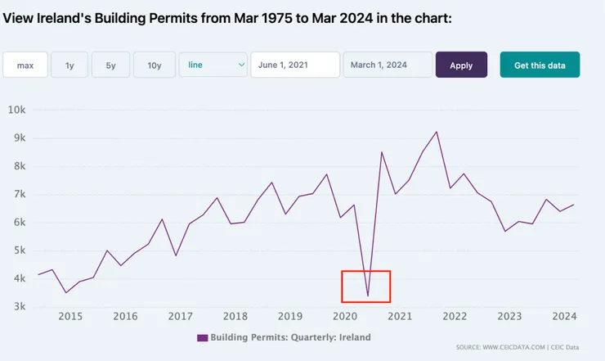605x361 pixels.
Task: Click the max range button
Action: pyautogui.click(x=25, y=65)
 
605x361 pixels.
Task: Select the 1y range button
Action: pyautogui.click(x=69, y=65)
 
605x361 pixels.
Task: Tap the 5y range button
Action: pyautogui.click(x=110, y=65)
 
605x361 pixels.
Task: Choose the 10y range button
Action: pyautogui.click(x=155, y=65)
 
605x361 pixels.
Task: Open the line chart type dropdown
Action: pyautogui.click(x=213, y=65)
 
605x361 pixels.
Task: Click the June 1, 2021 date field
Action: pyautogui.click(x=294, y=65)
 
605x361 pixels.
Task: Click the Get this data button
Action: pyautogui.click(x=540, y=65)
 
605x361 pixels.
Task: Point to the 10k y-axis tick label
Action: pyautogui.click(x=17, y=110)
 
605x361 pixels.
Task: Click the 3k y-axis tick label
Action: pyautogui.click(x=20, y=307)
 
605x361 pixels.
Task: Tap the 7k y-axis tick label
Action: pyautogui.click(x=20, y=194)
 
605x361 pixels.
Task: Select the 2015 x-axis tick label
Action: pyautogui.click(x=69, y=317)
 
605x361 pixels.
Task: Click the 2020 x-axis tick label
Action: pyautogui.click(x=345, y=317)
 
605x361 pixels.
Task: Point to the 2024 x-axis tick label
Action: pyautogui.click(x=565, y=317)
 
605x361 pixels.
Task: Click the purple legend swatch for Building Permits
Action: pyautogui.click(x=203, y=337)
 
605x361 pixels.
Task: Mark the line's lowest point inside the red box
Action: pyautogui.click(x=368, y=296)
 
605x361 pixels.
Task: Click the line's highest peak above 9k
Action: pyautogui.click(x=437, y=132)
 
